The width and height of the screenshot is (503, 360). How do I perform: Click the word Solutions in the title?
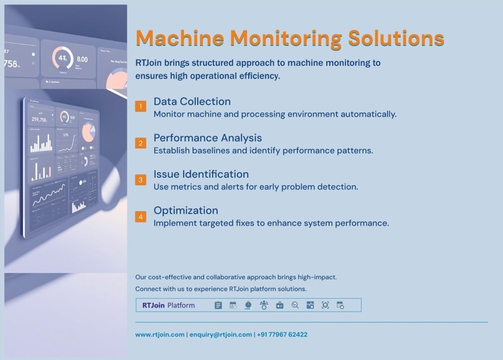396,38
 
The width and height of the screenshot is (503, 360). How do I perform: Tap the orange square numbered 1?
141,106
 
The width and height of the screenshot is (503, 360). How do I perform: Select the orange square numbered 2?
141,143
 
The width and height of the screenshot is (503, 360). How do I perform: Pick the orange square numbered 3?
141,179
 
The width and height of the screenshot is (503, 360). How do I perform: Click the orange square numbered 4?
141,217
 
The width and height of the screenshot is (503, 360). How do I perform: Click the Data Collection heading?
192,102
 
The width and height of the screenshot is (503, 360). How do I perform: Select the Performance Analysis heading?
207,138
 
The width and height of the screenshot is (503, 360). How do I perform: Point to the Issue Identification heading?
201,174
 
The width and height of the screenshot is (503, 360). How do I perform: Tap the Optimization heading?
185,211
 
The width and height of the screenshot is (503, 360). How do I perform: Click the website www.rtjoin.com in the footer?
159,335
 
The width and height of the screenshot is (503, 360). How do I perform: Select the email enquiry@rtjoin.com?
220,335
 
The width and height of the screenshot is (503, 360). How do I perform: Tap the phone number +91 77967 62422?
282,335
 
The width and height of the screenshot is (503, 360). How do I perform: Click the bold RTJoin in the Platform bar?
153,305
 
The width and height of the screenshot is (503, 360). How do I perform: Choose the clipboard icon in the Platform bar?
218,305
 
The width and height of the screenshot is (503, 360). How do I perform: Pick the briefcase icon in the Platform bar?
280,305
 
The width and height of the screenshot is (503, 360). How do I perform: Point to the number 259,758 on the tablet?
40,120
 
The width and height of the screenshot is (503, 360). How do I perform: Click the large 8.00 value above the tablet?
82,60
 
